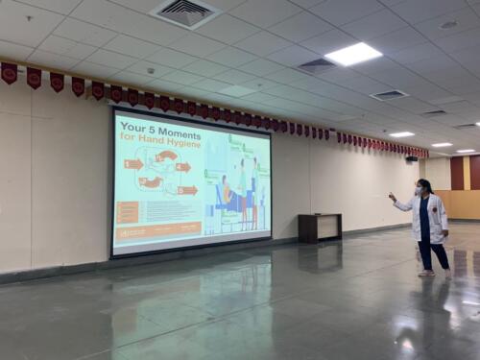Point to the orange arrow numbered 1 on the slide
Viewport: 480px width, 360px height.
[x=132, y=164]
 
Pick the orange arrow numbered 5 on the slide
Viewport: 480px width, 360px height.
[x=186, y=190]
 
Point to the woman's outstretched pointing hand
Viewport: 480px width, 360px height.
[x=391, y=198]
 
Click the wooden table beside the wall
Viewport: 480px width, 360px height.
[x=319, y=228]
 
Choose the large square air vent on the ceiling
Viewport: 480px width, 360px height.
[x=185, y=12]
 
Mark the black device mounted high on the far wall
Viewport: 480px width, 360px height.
[x=411, y=158]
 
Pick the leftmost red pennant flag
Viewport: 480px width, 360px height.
[x=9, y=73]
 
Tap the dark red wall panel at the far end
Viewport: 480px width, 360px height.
[x=457, y=173]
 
